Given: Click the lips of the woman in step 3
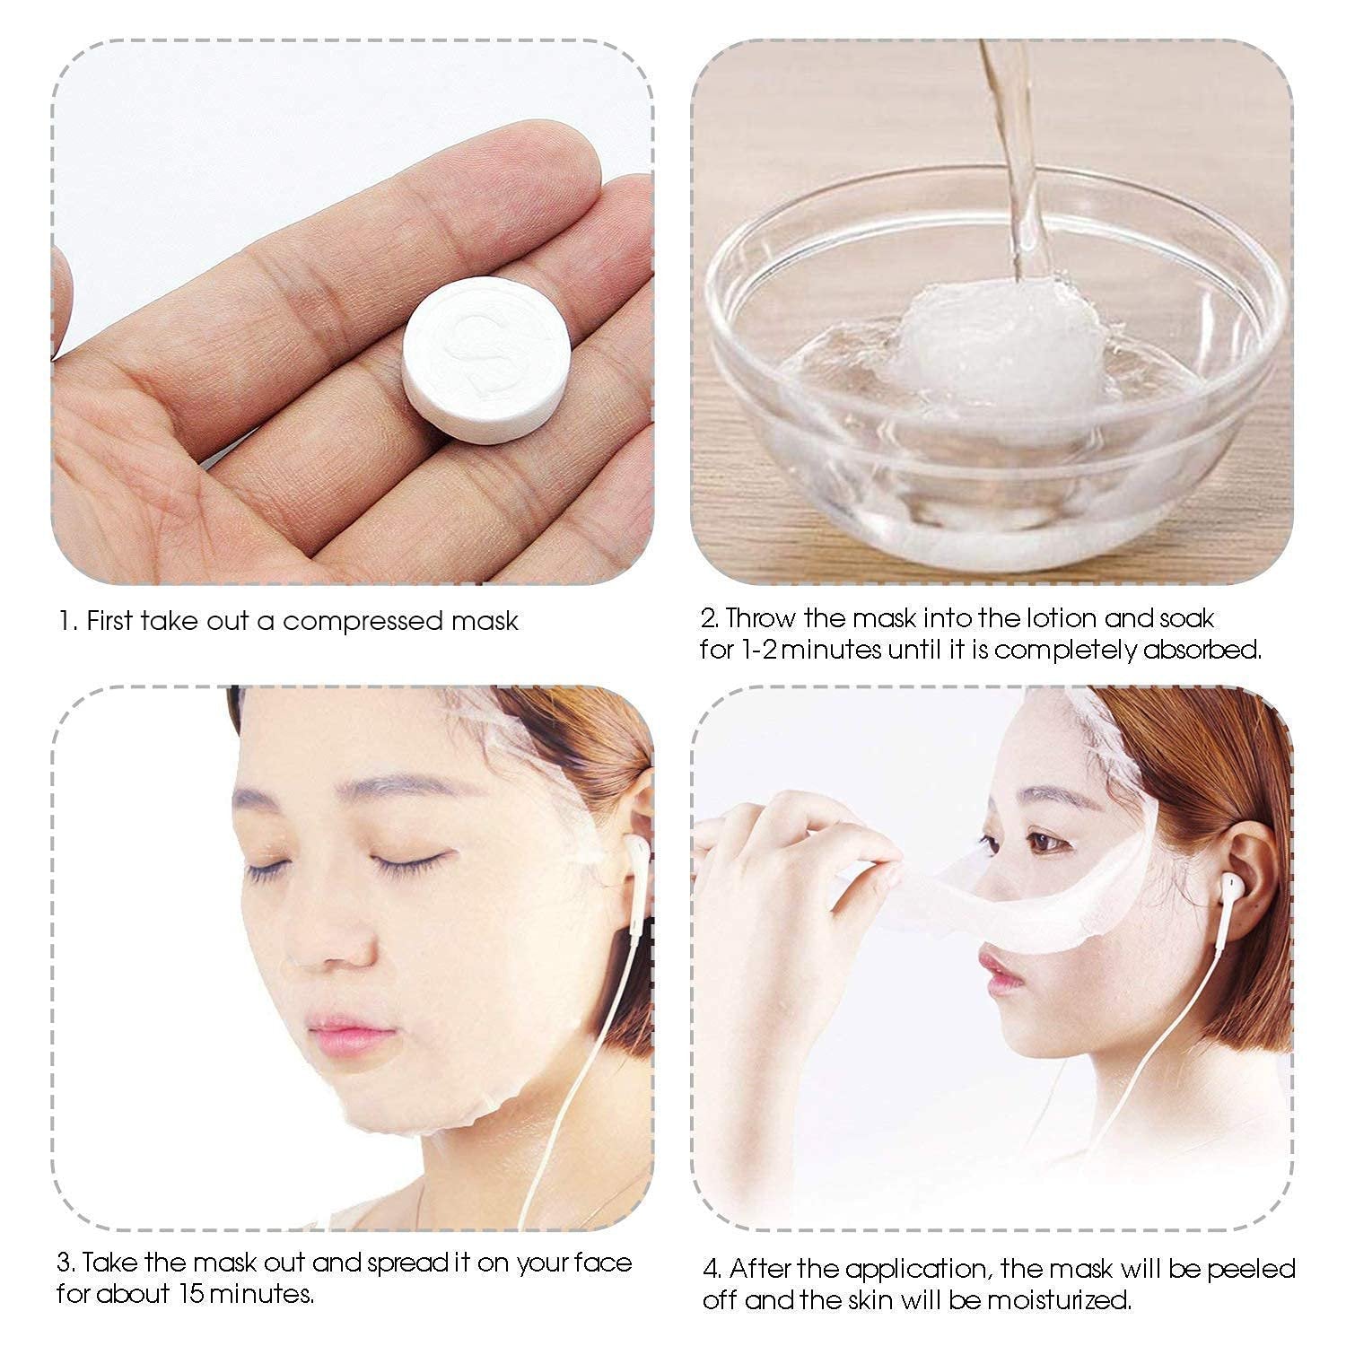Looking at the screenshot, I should tap(350, 1032).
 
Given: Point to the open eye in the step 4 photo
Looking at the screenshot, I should tap(1041, 842).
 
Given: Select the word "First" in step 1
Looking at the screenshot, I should tap(111, 621).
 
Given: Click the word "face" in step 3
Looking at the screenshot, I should tap(600, 1263).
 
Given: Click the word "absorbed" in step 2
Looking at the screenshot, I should tap(1202, 650).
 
